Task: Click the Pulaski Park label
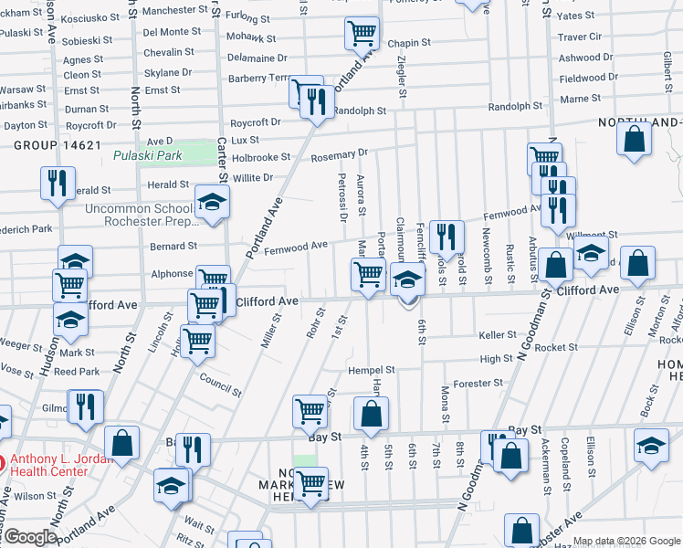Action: coord(148,155)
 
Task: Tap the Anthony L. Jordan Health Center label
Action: coord(62,465)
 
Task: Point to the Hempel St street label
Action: coord(371,371)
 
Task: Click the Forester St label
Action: coord(478,384)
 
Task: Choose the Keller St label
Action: coord(498,335)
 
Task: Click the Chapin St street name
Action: coord(408,43)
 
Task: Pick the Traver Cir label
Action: coord(580,37)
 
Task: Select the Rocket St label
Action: coord(556,347)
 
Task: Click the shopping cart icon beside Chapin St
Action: coord(362,34)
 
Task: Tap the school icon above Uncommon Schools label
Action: coord(212,202)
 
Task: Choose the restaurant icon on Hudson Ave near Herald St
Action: coord(58,183)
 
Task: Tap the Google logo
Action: coord(30,538)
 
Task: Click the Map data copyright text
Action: coord(625,542)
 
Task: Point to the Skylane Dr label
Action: coord(167,72)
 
